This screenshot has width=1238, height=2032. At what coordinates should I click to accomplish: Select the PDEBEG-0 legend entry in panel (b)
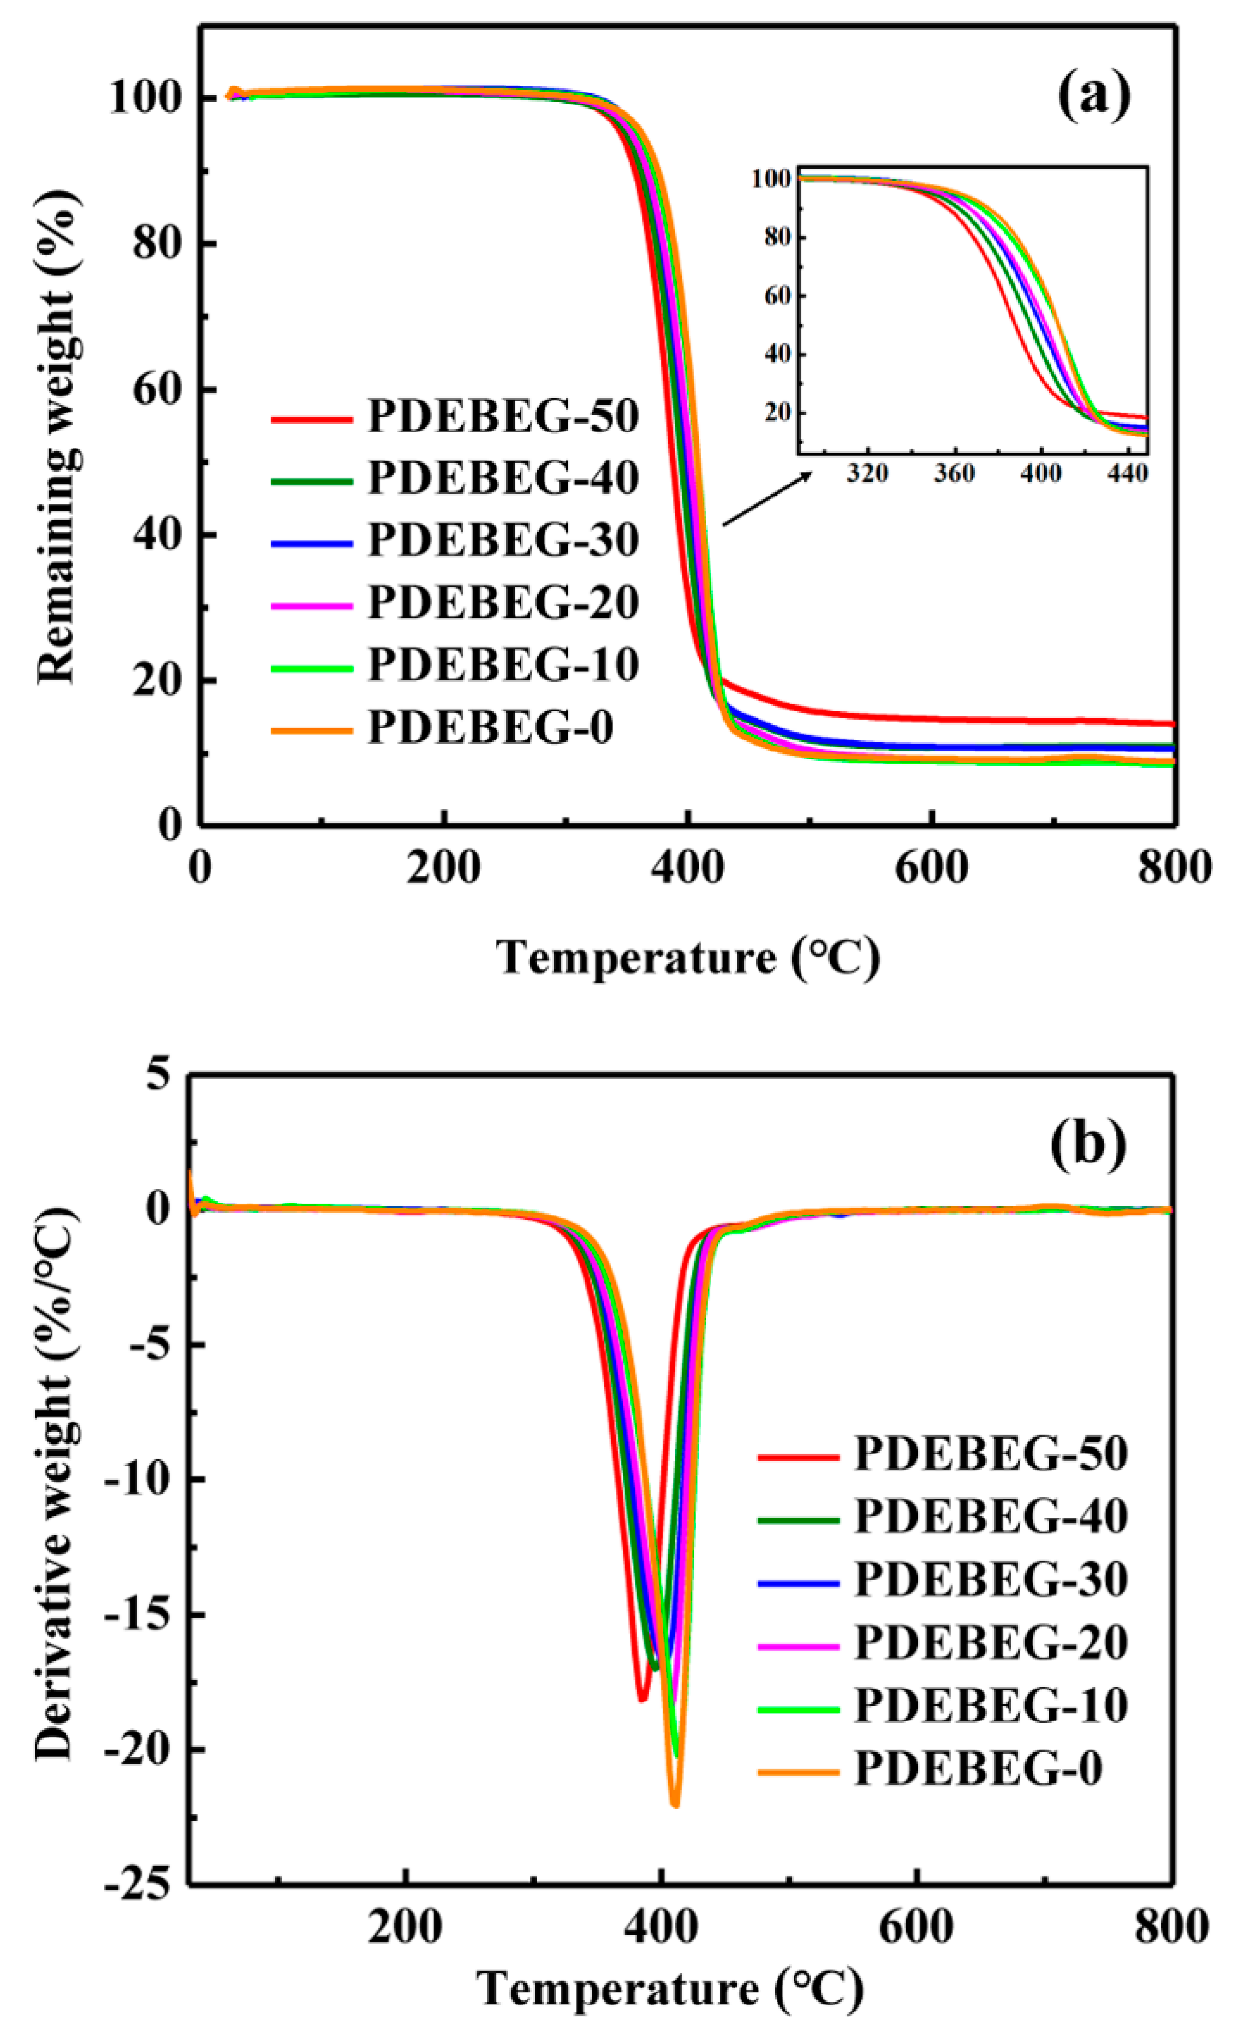[977, 1768]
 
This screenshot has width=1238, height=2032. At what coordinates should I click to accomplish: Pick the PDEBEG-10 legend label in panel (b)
[991, 1704]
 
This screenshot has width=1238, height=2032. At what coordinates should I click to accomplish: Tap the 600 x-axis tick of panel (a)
[931, 869]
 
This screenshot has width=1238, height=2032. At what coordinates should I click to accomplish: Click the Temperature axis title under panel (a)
[687, 959]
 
